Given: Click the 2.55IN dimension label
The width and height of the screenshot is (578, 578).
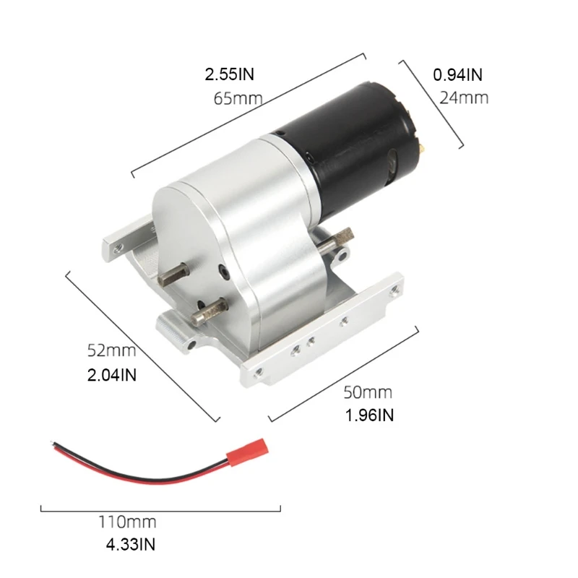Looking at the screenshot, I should tap(230, 74).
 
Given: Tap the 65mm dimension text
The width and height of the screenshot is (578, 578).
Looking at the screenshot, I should tap(238, 98).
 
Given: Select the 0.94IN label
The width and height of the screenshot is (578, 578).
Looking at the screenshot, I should tap(457, 74).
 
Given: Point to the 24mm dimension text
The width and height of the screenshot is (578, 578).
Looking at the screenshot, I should tap(463, 98).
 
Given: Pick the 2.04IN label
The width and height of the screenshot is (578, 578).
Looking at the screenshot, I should tap(112, 375).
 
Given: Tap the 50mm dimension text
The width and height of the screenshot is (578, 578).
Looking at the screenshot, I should tap(368, 392).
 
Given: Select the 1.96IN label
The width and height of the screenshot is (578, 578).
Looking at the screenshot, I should tap(370, 415).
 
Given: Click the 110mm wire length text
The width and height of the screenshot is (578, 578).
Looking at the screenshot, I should tap(127, 522).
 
